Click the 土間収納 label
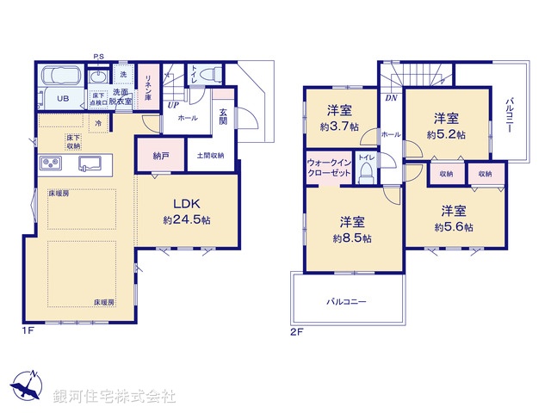[x=210, y=156]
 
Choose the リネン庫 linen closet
[x=148, y=86]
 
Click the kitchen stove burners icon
[x=49, y=163]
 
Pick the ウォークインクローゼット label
[x=329, y=167]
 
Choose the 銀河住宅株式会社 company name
[x=115, y=397]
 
